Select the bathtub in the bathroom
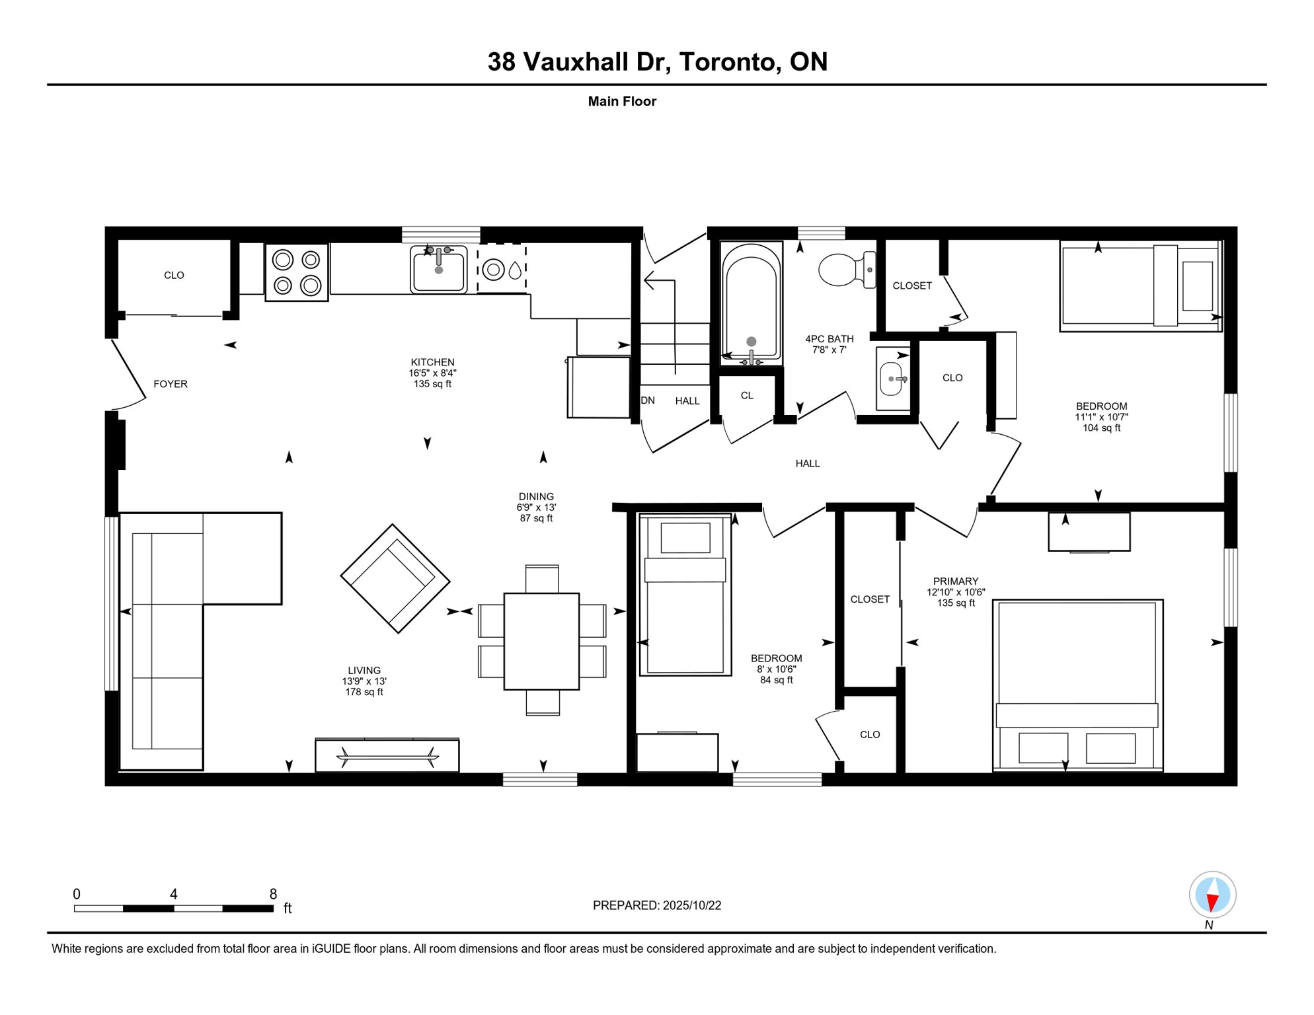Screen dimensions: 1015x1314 click(751, 303)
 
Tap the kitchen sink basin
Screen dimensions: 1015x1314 click(438, 270)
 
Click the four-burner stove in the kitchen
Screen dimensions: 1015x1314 click(297, 272)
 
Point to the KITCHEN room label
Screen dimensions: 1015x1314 click(432, 362)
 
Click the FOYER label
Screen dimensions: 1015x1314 click(171, 384)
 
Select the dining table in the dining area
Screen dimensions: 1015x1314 click(541, 641)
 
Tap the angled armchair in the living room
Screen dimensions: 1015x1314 click(395, 578)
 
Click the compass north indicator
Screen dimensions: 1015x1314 click(1212, 895)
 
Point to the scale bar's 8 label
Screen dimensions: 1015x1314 click(273, 894)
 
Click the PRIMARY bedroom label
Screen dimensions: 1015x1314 click(955, 582)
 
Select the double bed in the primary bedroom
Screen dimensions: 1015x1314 click(1077, 685)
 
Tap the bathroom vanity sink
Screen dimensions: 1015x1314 click(891, 379)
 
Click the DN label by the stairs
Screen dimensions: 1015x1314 click(648, 400)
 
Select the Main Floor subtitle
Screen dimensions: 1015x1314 click(621, 101)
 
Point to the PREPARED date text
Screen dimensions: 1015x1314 click(656, 905)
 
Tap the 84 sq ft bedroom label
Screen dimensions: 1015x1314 click(776, 680)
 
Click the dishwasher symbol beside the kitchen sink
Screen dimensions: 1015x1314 click(502, 270)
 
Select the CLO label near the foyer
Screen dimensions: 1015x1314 click(174, 275)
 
